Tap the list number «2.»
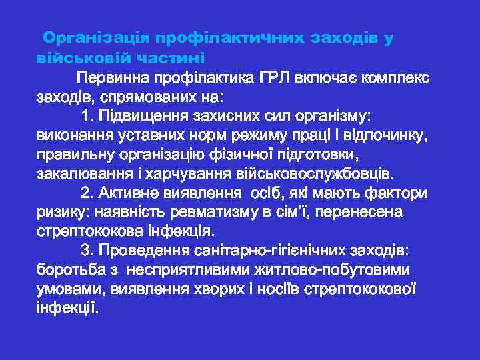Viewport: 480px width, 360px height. tap(87, 193)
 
